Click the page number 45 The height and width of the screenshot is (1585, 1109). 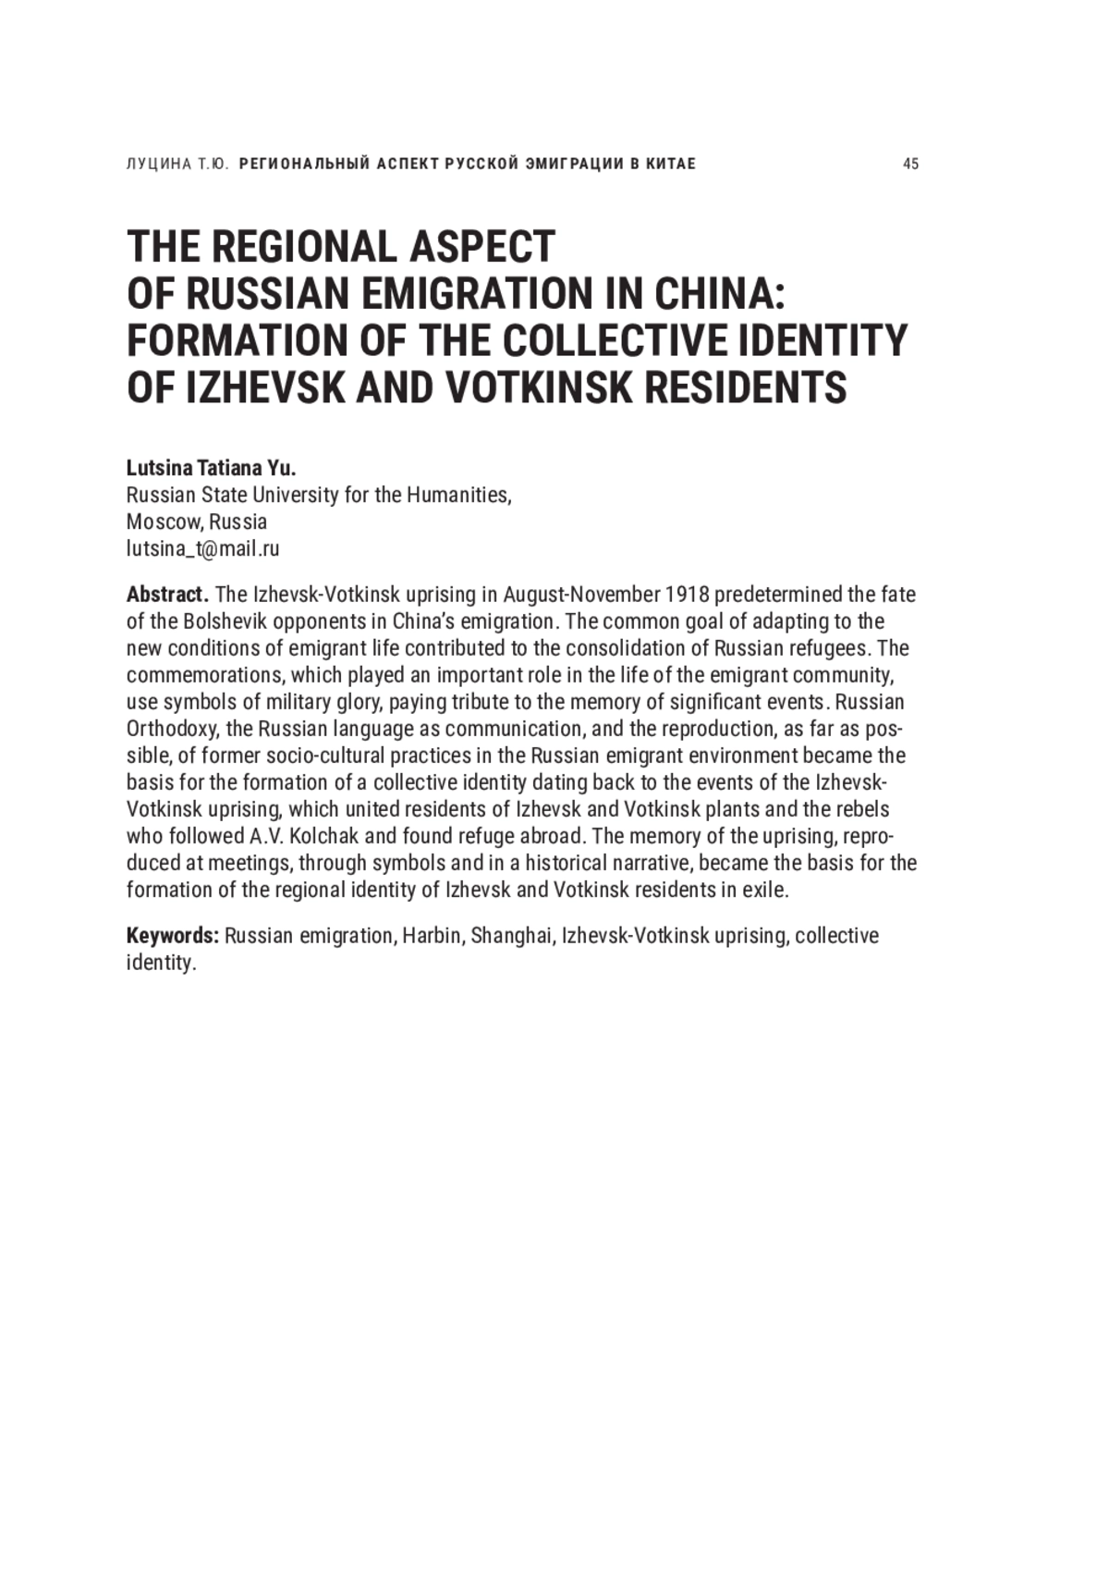(x=910, y=165)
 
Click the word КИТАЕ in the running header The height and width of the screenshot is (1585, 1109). (x=671, y=165)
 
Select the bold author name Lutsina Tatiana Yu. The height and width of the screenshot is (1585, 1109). (x=211, y=468)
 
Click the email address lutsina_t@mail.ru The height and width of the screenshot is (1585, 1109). (x=202, y=548)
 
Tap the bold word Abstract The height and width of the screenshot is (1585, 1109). (x=166, y=595)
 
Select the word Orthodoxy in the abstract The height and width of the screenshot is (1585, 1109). (x=171, y=729)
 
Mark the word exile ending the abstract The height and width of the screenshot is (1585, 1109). (x=767, y=890)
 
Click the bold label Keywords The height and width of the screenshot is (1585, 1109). (x=172, y=936)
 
